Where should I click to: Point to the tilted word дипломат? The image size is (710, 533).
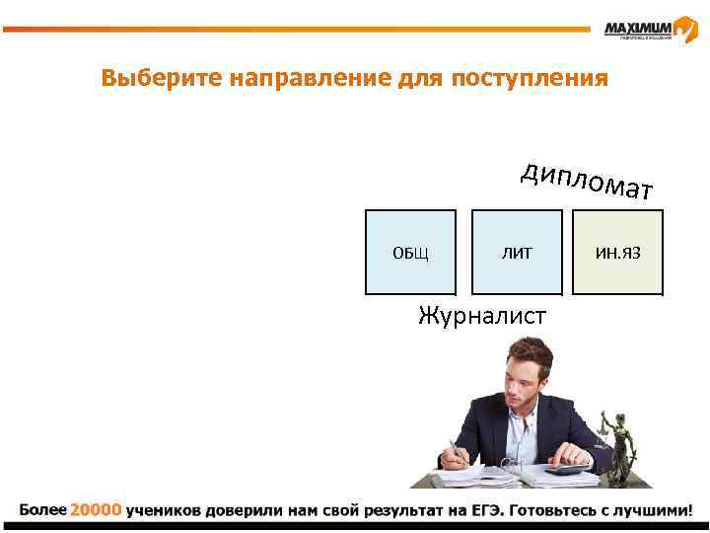tap(588, 181)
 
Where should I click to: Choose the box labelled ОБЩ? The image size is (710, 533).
tap(410, 253)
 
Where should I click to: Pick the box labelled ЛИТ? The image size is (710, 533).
tap(517, 253)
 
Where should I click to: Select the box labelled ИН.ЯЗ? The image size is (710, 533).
tap(618, 253)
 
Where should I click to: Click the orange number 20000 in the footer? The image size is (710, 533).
tap(96, 511)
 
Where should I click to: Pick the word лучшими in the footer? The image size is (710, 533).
tap(652, 511)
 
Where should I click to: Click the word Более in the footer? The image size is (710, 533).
tap(41, 511)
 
